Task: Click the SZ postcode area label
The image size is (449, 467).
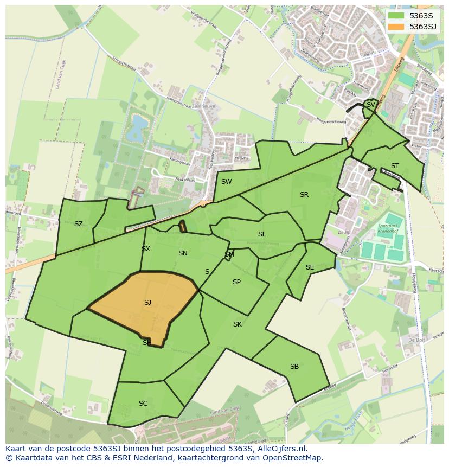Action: click(79, 224)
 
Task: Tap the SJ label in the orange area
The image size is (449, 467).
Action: click(147, 303)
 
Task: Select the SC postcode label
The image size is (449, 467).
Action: click(143, 404)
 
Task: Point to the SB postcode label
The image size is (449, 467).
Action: click(294, 367)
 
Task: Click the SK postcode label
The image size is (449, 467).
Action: click(238, 324)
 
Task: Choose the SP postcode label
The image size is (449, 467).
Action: click(236, 282)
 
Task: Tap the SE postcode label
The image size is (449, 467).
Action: click(310, 267)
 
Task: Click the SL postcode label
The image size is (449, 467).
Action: click(262, 234)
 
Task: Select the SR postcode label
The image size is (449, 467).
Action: click(304, 195)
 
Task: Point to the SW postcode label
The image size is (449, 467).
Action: click(226, 182)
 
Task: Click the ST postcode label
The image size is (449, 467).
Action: click(395, 166)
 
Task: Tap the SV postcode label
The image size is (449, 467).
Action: click(371, 105)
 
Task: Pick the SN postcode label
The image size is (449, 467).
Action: click(183, 253)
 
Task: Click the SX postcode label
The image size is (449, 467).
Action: click(146, 249)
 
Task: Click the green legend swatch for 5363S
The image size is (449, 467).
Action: click(396, 16)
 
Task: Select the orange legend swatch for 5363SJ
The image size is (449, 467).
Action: click(396, 27)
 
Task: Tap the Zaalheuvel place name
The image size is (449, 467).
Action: click(204, 107)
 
